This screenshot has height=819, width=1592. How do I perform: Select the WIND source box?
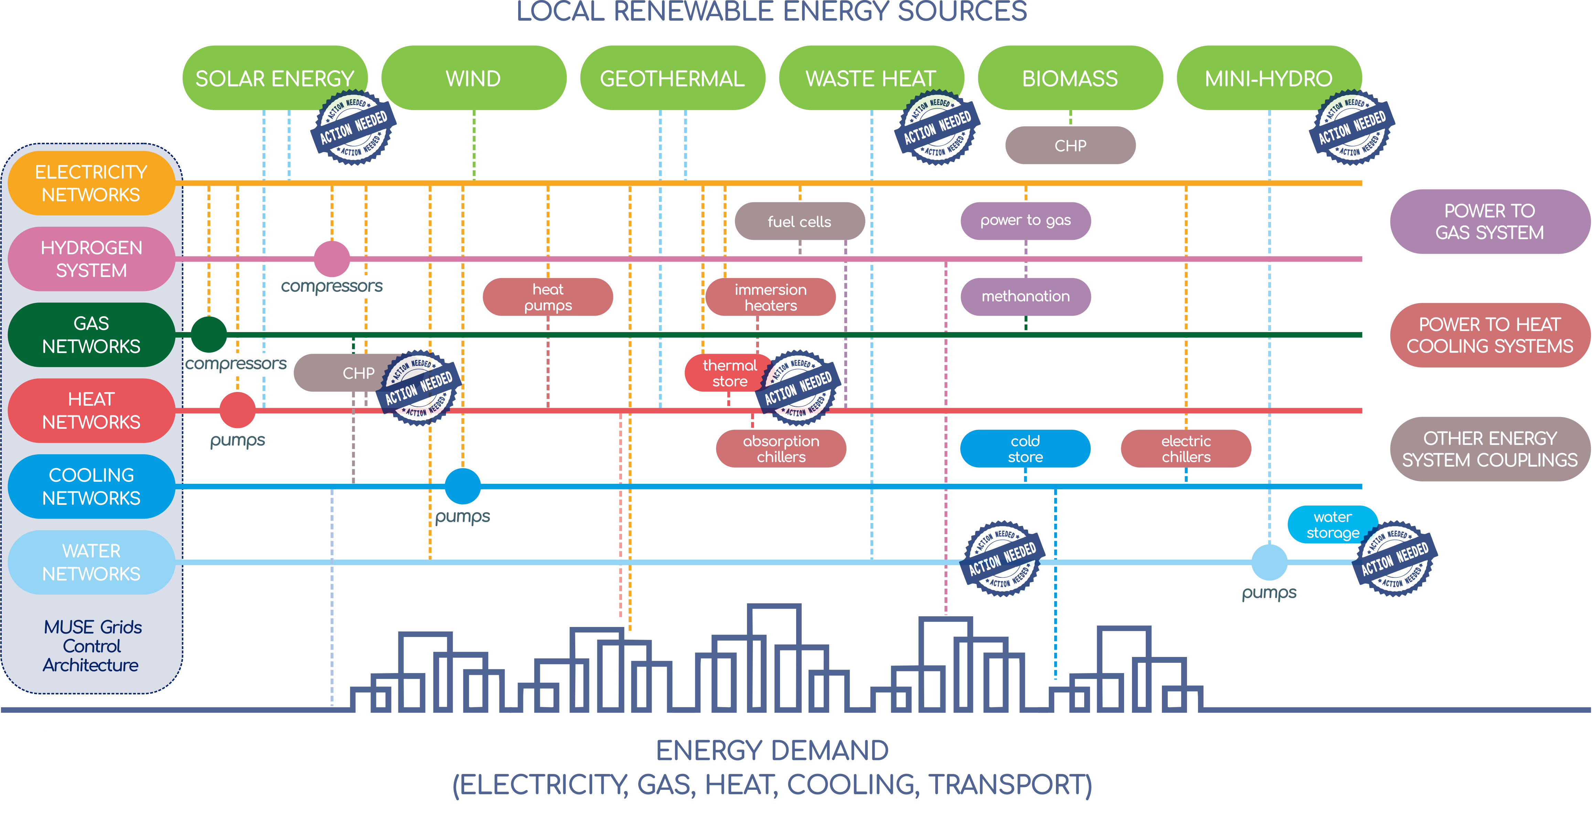473,78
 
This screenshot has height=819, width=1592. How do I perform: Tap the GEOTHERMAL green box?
672,78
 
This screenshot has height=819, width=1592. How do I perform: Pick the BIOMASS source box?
1070,78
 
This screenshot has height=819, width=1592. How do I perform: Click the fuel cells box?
799,221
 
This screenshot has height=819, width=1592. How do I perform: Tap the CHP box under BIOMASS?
1070,145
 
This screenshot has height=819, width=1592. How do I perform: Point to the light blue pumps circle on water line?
1269,562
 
